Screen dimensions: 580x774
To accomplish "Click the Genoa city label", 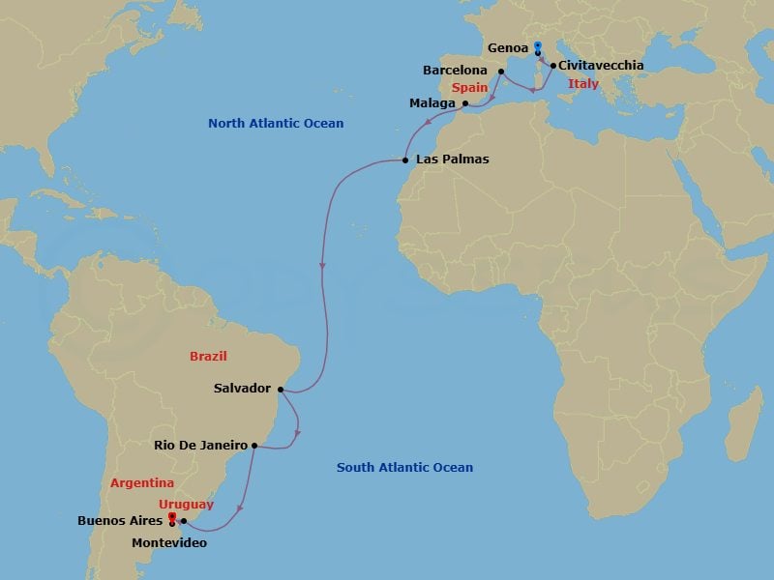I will coord(508,47).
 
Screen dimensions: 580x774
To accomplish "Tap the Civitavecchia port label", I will coord(600,66).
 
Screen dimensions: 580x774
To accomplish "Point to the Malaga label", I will coord(432,102).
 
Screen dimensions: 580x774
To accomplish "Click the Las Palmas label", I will coord(452,159).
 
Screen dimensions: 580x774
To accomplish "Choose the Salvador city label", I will coord(242,389).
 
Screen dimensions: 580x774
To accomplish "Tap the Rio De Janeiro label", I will coord(201,446).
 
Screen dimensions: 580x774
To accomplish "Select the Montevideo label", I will coord(169,543).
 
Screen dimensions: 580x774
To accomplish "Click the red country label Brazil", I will coord(208,357).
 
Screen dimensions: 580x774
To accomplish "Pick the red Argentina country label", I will coord(142,482).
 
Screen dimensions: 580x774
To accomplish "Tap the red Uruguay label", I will coord(188,505).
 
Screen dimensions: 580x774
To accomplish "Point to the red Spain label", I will coord(469,88).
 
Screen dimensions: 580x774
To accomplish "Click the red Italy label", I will coord(583,84).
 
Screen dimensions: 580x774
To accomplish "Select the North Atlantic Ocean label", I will coord(276,124).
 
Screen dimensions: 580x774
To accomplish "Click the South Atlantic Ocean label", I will coord(404,468).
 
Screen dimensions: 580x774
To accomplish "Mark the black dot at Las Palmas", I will coord(405,159).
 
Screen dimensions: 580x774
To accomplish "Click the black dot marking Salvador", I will coord(281,390).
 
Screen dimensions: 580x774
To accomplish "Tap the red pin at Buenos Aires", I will coord(172,518).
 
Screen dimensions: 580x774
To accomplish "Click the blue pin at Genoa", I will coord(537,44).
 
